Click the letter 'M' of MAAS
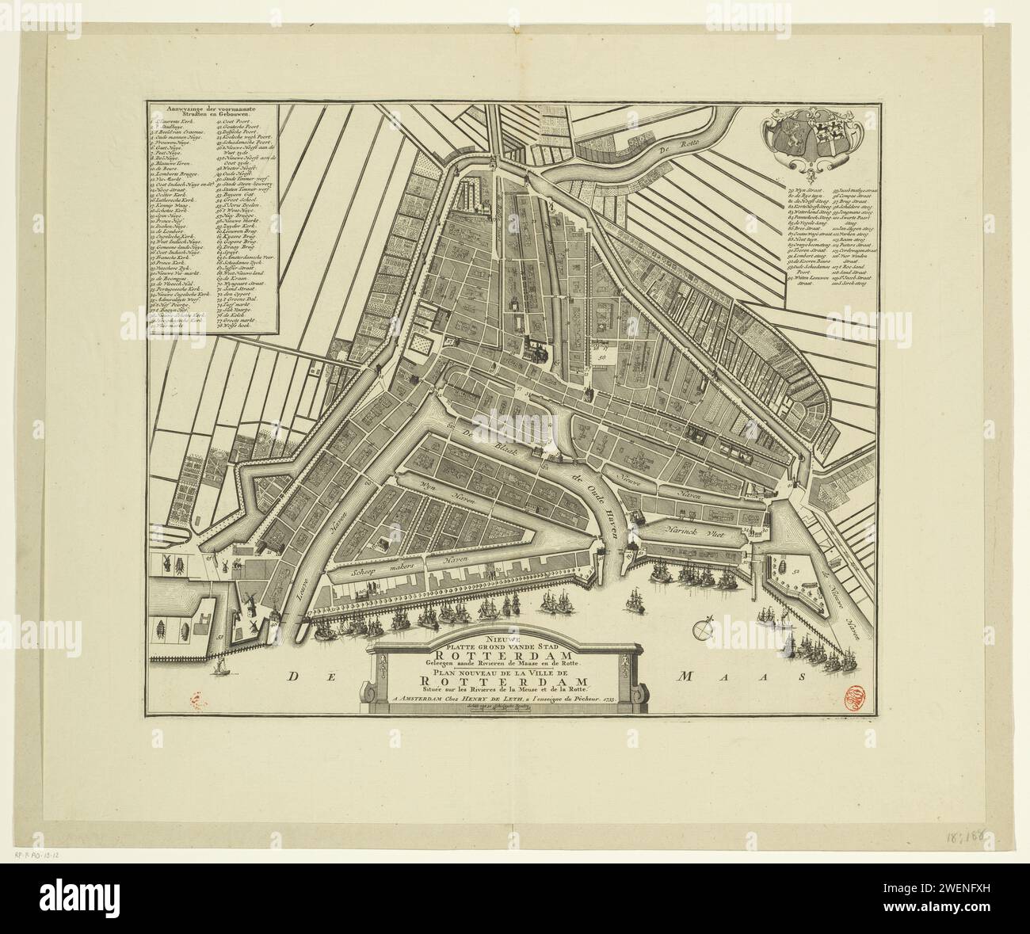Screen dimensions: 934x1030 (685, 677)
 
